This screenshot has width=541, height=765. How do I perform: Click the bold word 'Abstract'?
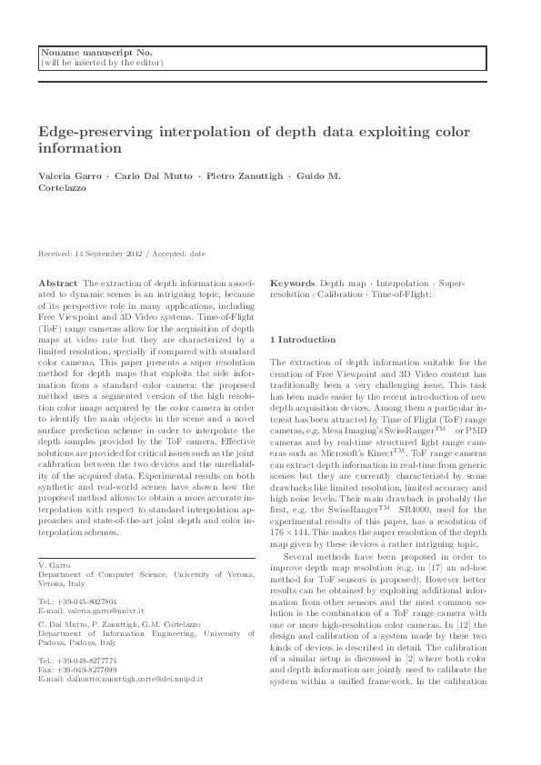(x=58, y=284)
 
